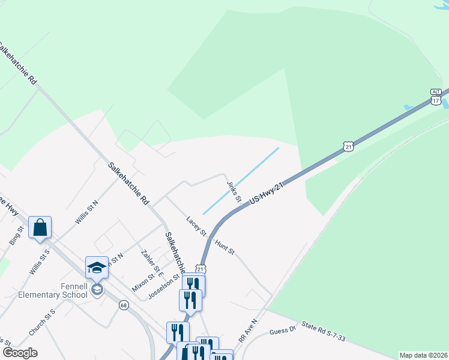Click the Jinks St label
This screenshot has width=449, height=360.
coord(234,190)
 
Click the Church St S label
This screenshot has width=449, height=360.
coord(42,322)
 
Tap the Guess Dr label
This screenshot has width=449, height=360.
coord(283,329)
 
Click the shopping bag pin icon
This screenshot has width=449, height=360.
coord(40,227)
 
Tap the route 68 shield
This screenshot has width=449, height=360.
coord(123,305)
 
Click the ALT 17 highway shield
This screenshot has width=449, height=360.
coord(436,97)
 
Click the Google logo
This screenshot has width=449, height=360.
coord(20,353)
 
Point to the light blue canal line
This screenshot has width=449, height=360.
coord(241,181)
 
